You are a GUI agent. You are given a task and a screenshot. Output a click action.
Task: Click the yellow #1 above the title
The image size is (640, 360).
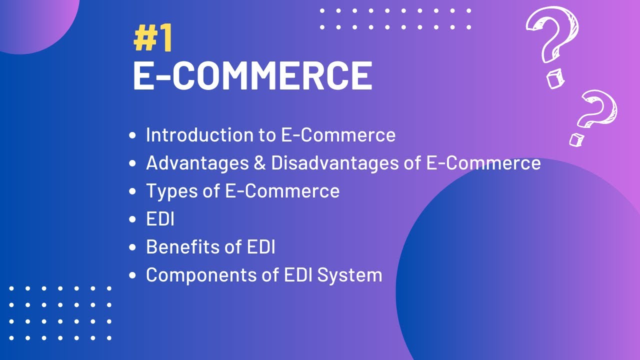click(x=153, y=39)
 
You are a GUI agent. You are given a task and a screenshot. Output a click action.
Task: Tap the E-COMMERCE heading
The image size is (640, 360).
click(x=252, y=76)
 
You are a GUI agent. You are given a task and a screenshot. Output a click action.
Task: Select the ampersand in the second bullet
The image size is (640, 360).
click(x=259, y=163)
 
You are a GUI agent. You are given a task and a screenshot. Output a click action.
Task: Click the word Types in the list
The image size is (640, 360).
click(x=168, y=191)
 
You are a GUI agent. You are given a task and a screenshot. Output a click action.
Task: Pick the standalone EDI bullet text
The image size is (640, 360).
click(x=160, y=219)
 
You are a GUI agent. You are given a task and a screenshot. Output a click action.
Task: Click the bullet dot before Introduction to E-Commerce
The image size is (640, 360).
click(x=132, y=135)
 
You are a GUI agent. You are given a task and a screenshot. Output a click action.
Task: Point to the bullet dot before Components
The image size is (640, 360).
click(x=132, y=275)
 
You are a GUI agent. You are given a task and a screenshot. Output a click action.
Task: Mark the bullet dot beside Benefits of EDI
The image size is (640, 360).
click(x=132, y=247)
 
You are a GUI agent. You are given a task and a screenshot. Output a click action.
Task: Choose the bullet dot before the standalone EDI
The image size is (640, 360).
click(x=132, y=219)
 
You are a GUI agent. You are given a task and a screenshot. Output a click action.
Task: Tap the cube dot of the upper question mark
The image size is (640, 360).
click(x=553, y=79)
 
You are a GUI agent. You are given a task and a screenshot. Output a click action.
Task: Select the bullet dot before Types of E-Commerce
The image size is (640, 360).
click(x=132, y=191)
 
